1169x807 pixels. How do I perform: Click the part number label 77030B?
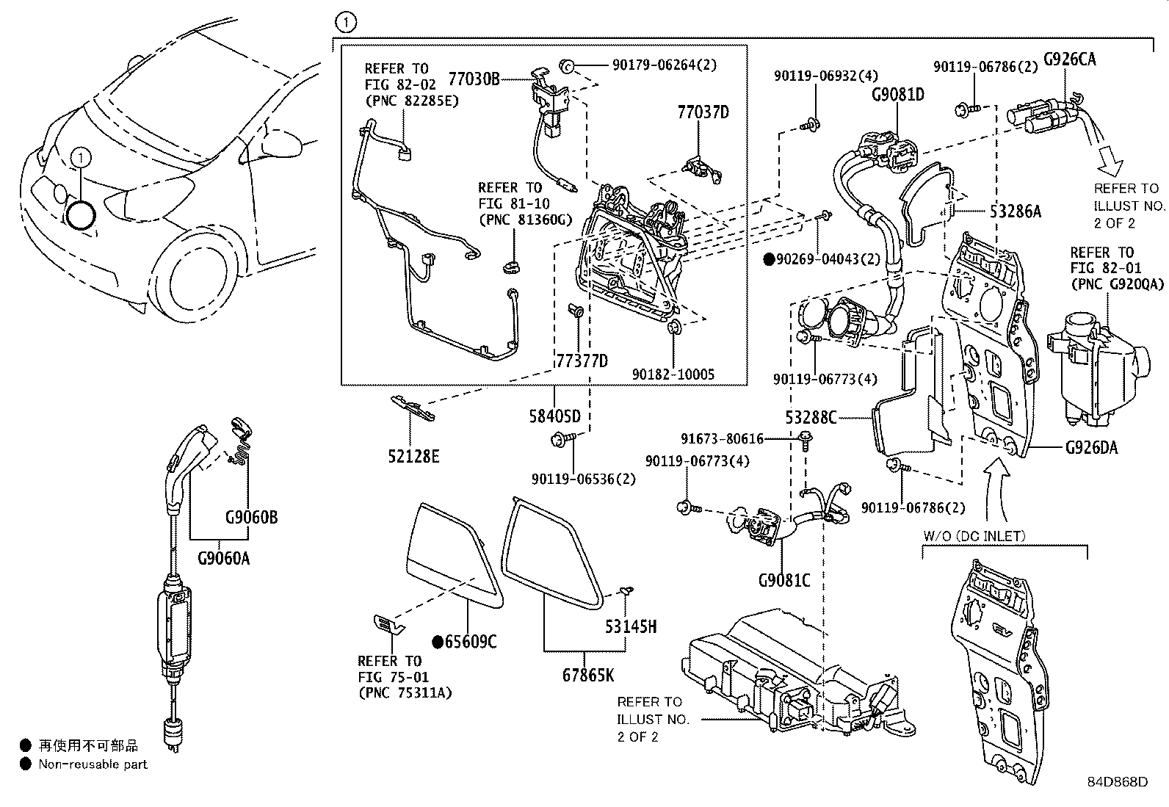coord(473,79)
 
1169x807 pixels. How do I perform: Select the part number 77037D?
coord(703,112)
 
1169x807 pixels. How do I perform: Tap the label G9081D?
coord(897,95)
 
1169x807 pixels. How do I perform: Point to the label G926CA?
coord(1069,59)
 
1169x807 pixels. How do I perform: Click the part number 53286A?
coord(1015,212)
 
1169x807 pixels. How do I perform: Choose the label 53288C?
coord(811,418)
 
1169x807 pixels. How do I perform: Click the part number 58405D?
coord(555,416)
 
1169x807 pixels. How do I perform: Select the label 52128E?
coord(413,457)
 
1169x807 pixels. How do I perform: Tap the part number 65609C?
coord(471,643)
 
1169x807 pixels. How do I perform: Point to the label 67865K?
coord(588,674)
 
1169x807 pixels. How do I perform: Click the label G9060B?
coord(251,518)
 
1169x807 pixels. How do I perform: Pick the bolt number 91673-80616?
coord(722,439)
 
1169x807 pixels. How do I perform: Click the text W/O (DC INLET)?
coord(974,536)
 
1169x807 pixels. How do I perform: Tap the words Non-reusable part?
coord(93,764)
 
